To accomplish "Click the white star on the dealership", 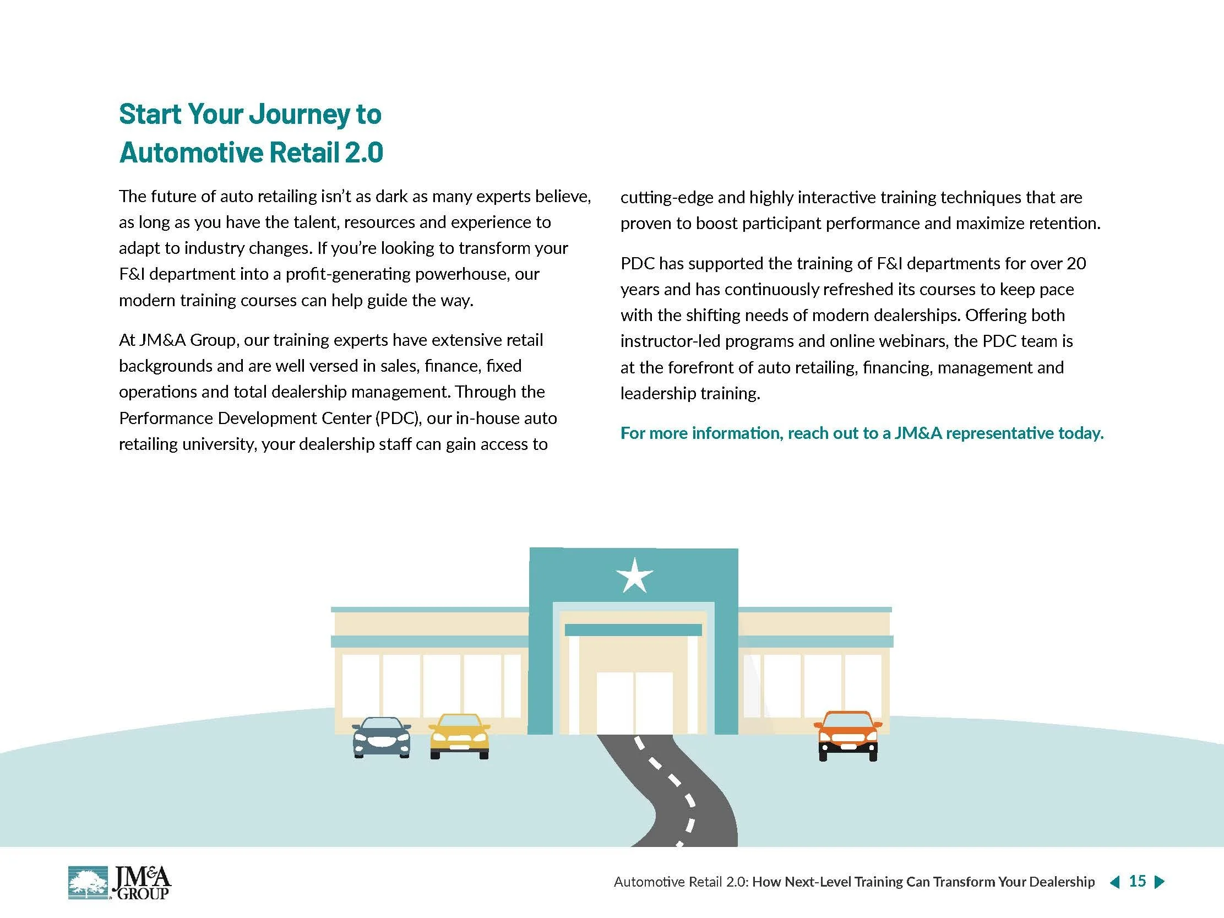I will (x=634, y=575).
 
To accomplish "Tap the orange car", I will (x=848, y=735).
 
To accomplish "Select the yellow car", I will (x=459, y=736).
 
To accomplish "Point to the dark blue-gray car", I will (x=382, y=737).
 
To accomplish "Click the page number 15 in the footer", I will (x=1137, y=881).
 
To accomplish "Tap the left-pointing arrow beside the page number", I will (x=1115, y=882).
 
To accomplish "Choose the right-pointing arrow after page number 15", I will (x=1159, y=882).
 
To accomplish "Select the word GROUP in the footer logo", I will (x=143, y=893).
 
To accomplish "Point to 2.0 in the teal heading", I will (x=363, y=153).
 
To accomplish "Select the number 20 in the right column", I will (x=1076, y=263).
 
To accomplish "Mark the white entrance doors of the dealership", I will (x=634, y=703).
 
